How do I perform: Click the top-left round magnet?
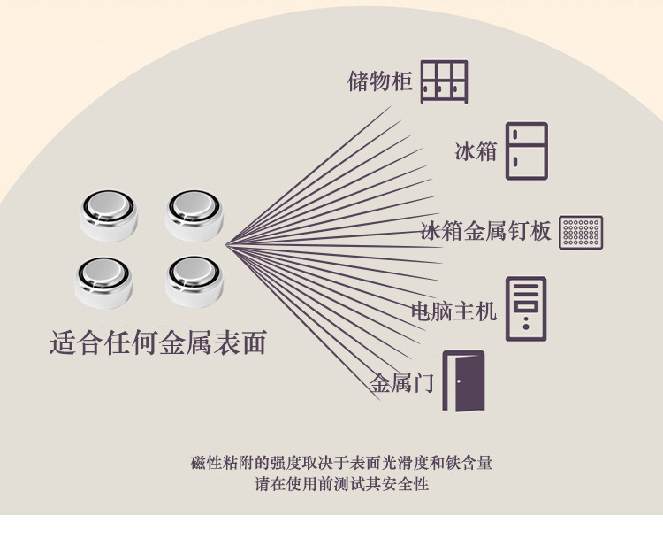pyautogui.click(x=109, y=215)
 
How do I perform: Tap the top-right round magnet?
pyautogui.click(x=194, y=215)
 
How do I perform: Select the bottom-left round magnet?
pyautogui.click(x=104, y=282)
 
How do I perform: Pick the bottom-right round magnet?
pyautogui.click(x=194, y=281)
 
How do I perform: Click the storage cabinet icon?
pyautogui.click(x=444, y=82)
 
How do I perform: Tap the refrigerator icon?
pyautogui.click(x=526, y=150)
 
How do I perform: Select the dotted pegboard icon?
pyautogui.click(x=581, y=233)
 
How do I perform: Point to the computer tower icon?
pyautogui.click(x=526, y=309)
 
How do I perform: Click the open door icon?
pyautogui.click(x=463, y=381)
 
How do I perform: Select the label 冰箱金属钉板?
pyautogui.click(x=486, y=232)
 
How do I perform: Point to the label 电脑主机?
pyautogui.click(x=454, y=311)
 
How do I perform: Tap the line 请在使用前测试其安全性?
pyautogui.click(x=341, y=484)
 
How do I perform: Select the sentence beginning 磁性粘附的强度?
pyautogui.click(x=341, y=463)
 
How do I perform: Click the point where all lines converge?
pyautogui.click(x=226, y=244)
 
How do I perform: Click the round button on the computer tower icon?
pyautogui.click(x=526, y=327)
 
